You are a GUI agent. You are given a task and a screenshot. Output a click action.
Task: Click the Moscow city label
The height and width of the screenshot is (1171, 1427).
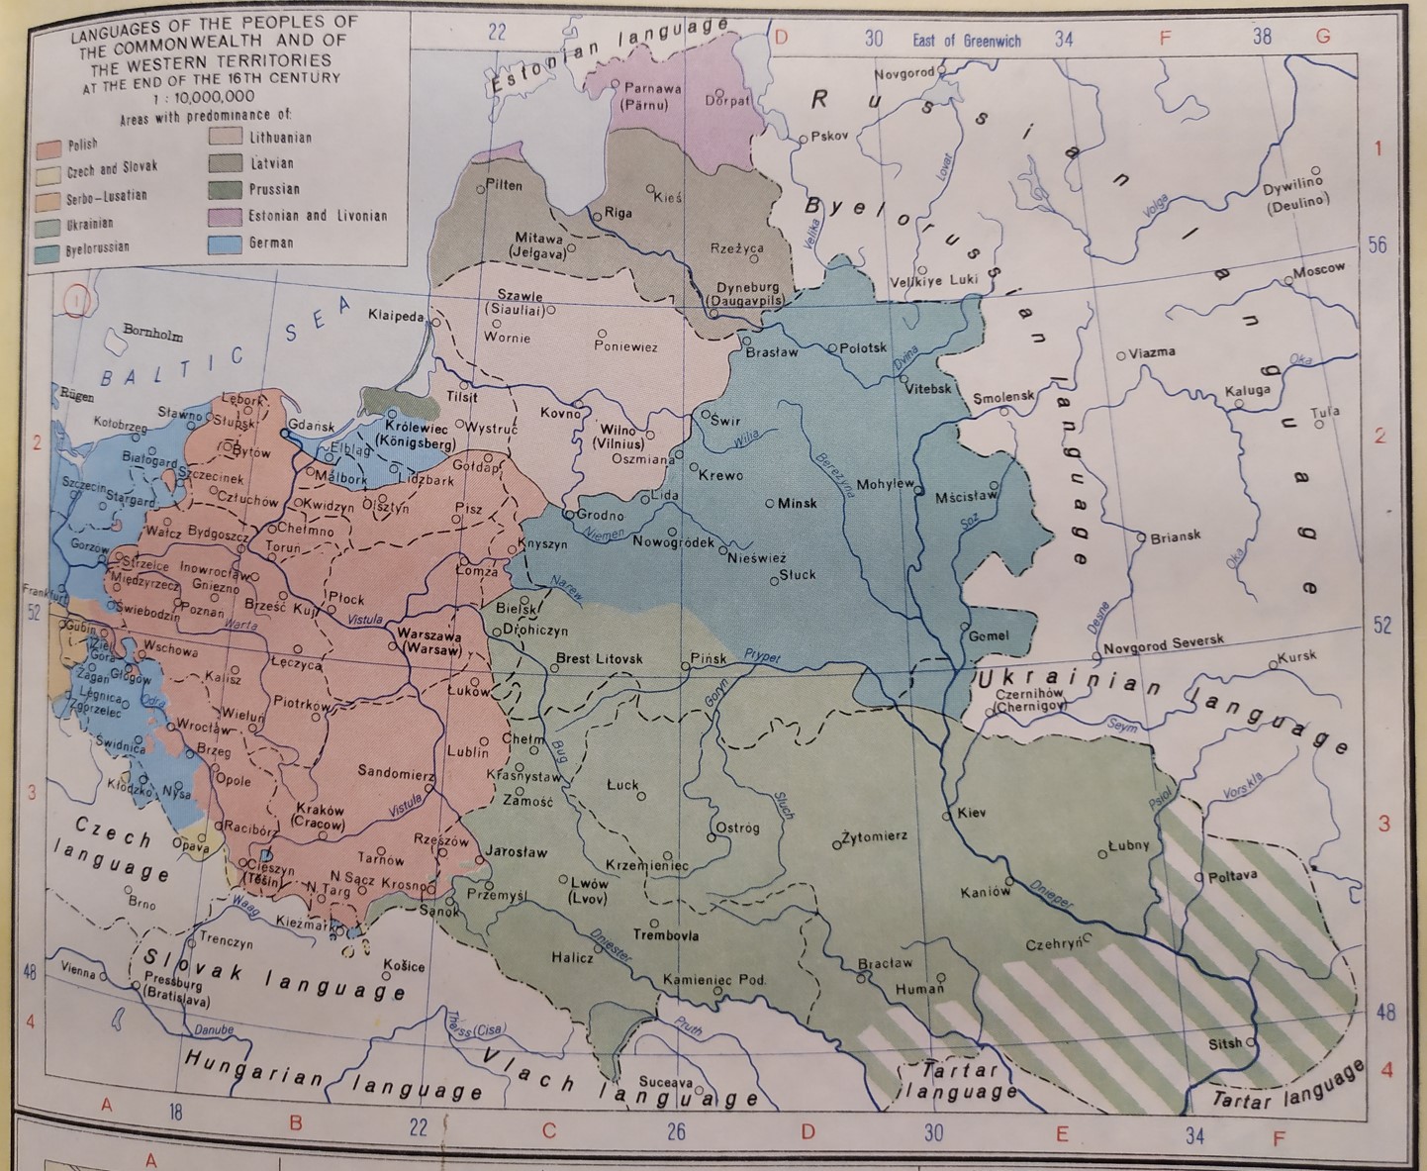pyautogui.click(x=1319, y=269)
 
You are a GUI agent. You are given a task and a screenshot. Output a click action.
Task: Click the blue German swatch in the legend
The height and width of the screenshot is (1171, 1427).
pyautogui.click(x=226, y=242)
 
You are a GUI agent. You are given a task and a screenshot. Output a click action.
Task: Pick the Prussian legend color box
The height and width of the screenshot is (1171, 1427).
pyautogui.click(x=226, y=189)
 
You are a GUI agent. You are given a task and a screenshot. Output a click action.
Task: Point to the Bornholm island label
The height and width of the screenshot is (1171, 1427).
pyautogui.click(x=152, y=334)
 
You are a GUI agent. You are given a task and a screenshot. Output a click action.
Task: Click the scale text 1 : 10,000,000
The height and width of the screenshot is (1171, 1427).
pyautogui.click(x=203, y=96)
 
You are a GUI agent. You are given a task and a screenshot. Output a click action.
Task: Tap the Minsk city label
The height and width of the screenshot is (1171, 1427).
pyautogui.click(x=797, y=503)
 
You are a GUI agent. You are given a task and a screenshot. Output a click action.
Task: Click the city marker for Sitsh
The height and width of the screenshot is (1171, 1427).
pyautogui.click(x=1251, y=1042)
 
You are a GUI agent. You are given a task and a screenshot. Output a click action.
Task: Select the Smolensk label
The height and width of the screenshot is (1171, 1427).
pyautogui.click(x=1002, y=398)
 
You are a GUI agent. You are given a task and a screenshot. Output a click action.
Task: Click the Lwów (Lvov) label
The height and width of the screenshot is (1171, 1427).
pyautogui.click(x=588, y=889)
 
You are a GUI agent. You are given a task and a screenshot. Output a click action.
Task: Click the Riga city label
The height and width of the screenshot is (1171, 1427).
pyautogui.click(x=618, y=213)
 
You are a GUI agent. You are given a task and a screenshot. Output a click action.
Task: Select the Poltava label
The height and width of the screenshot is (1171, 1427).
pyautogui.click(x=1232, y=876)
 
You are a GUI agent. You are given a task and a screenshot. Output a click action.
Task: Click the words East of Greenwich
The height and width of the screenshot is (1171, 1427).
pyautogui.click(x=967, y=41)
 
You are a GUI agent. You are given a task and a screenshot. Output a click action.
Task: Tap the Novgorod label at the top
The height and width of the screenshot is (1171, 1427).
pyautogui.click(x=903, y=74)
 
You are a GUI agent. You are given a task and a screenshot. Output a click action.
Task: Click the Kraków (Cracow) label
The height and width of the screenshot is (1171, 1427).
pyautogui.click(x=320, y=816)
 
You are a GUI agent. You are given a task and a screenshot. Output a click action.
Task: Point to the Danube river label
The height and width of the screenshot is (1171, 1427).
pyautogui.click(x=213, y=1029)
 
